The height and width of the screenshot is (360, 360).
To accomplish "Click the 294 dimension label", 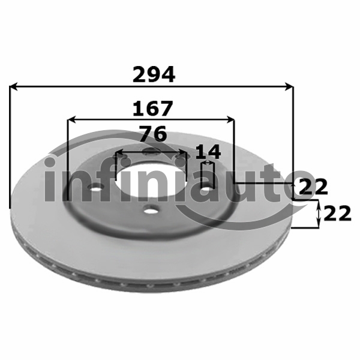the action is pyautogui.click(x=154, y=74).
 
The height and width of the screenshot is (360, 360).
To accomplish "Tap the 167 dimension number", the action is pyautogui.click(x=152, y=108).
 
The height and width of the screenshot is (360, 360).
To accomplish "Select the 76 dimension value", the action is pyautogui.click(x=153, y=133).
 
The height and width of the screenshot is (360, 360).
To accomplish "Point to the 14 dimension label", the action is pyautogui.click(x=208, y=151).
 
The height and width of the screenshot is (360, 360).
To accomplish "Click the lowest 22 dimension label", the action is pyautogui.click(x=337, y=214).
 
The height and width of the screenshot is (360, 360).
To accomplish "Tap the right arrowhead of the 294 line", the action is pyautogui.click(x=289, y=86).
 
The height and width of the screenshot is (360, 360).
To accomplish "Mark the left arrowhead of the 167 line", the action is pyautogui.click(x=71, y=119).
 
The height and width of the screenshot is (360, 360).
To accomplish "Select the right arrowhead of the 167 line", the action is pyautogui.click(x=230, y=119).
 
